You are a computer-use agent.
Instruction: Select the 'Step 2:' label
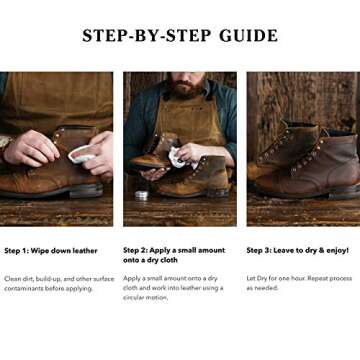click(x=138, y=250)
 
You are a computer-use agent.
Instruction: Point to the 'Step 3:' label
click(x=262, y=250)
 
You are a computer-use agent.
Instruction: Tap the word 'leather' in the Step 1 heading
click(x=85, y=250)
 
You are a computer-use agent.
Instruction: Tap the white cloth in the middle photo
click(x=176, y=157)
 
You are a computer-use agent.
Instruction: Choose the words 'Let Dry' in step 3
click(x=257, y=277)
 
